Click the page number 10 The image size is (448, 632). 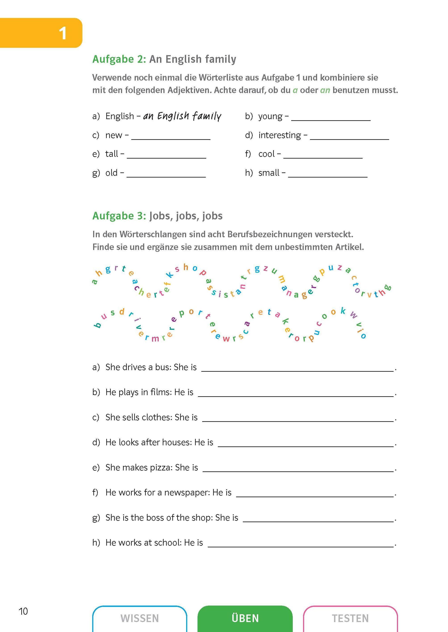coord(23,611)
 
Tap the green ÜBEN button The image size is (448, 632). coord(245,618)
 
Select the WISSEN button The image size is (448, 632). coord(140,618)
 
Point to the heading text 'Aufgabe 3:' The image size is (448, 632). coord(119,216)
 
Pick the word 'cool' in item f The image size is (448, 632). coord(267,154)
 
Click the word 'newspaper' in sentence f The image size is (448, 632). coord(187,492)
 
